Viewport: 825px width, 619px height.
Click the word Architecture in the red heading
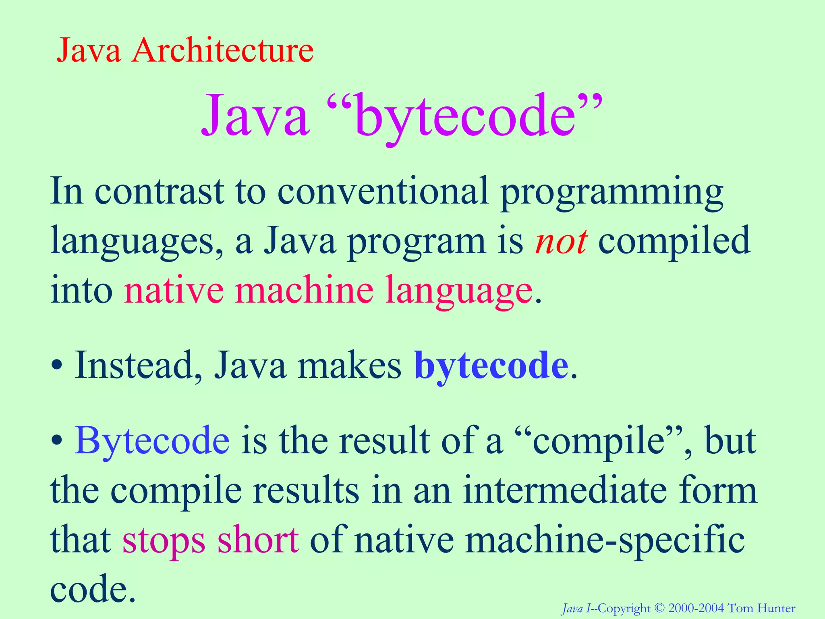pyautogui.click(x=222, y=51)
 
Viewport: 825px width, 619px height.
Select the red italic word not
pyautogui.click(x=561, y=241)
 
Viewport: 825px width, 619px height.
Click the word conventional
pyautogui.click(x=383, y=191)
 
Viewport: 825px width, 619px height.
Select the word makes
pyautogui.click(x=349, y=365)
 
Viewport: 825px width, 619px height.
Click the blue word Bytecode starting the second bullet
pyautogui.click(x=152, y=440)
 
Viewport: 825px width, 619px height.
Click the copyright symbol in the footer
pyautogui.click(x=659, y=608)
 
